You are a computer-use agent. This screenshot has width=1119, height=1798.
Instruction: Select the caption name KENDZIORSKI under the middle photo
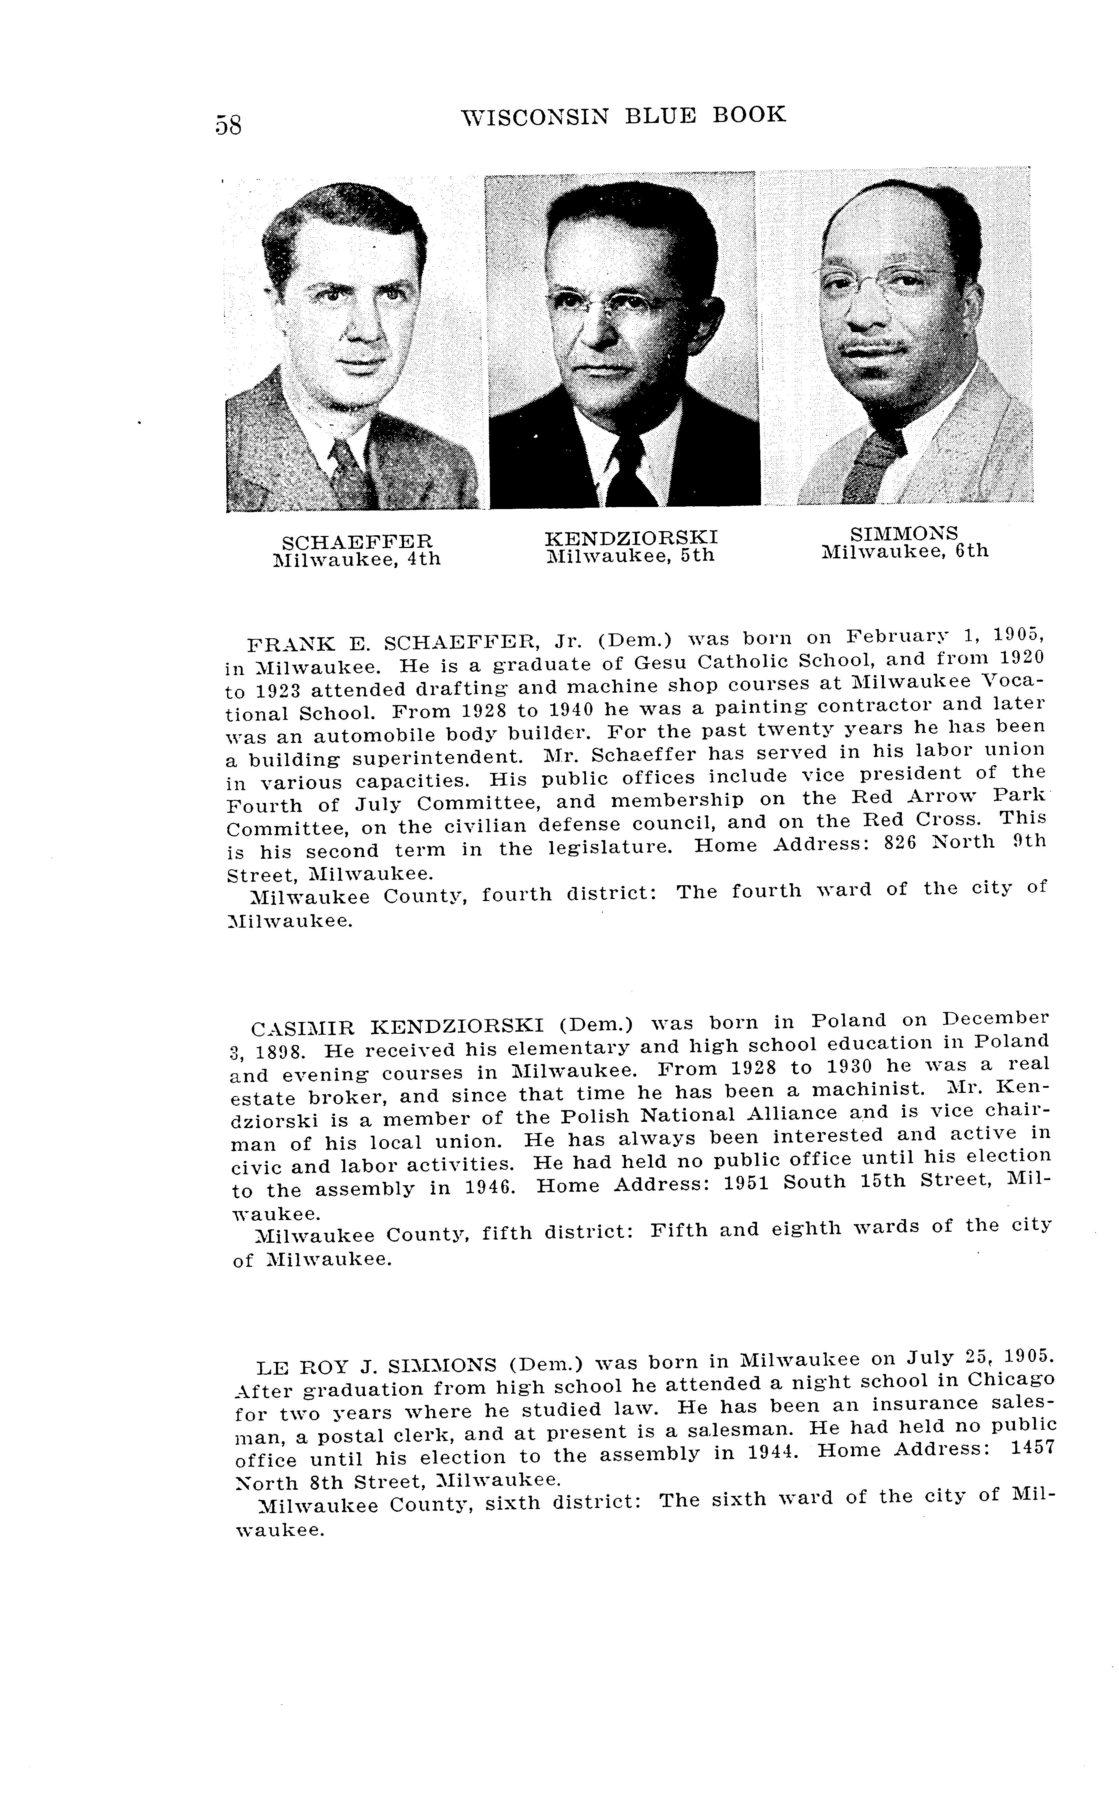coord(630,537)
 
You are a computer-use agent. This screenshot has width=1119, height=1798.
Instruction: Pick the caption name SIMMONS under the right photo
coord(904,534)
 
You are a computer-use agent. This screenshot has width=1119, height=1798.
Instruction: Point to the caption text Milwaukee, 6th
coord(904,551)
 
